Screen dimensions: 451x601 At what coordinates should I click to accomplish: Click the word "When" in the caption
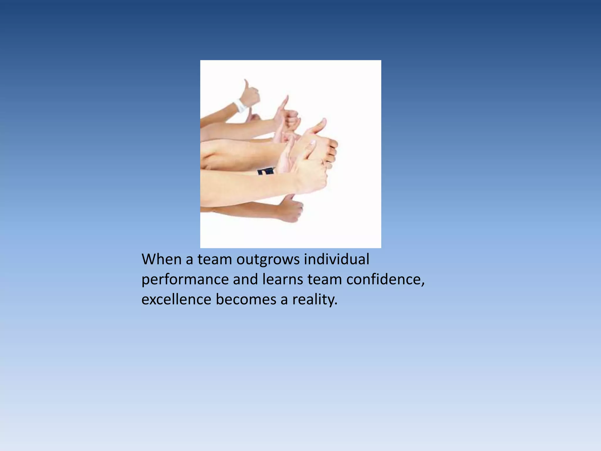tap(161, 259)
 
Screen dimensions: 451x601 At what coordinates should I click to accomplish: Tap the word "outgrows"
tap(268, 260)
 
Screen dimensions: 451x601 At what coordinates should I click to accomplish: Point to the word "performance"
tap(185, 280)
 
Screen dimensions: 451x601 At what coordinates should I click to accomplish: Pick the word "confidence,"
tap(386, 279)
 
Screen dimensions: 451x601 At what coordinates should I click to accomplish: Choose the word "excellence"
tap(176, 299)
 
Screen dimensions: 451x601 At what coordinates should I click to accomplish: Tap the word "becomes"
tap(246, 299)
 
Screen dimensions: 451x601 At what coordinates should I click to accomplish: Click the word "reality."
tap(315, 300)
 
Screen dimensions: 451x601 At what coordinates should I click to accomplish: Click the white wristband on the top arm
tap(240, 106)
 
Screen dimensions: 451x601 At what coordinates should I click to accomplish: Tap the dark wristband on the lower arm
tap(266, 171)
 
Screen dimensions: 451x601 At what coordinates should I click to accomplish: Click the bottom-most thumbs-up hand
tap(291, 209)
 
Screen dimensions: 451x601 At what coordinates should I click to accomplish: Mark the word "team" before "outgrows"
tap(215, 259)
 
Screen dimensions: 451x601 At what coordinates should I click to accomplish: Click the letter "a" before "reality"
tap(284, 300)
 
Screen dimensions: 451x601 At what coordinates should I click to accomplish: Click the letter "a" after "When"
tap(189, 260)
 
